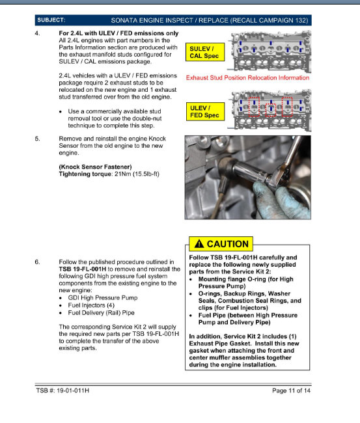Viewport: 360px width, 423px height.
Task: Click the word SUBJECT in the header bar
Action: point(51,20)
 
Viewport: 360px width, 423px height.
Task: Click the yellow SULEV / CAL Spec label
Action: point(205,52)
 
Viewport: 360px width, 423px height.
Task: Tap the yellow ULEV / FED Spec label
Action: point(205,111)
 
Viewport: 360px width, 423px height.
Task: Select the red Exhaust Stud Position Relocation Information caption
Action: point(247,77)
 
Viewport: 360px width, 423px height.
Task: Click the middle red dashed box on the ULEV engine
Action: point(271,110)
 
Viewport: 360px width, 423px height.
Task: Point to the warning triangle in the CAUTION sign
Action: point(199,244)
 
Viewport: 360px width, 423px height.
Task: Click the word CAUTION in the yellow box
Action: point(227,244)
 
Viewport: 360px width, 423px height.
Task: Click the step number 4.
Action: point(38,33)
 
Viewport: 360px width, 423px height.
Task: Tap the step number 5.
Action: point(38,139)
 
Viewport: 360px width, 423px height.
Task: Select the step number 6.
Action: point(38,262)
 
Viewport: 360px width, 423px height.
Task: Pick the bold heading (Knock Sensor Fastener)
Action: point(95,167)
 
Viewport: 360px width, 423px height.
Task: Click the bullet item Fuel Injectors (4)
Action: point(91,305)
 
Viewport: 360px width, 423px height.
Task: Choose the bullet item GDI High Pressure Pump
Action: point(103,298)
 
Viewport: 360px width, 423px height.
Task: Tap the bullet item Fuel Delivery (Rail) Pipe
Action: point(101,313)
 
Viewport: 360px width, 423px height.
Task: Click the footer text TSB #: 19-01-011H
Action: point(62,390)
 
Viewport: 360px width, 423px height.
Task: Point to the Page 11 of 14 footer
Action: point(291,390)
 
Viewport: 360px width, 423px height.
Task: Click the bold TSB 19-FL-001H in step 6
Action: point(83,269)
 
